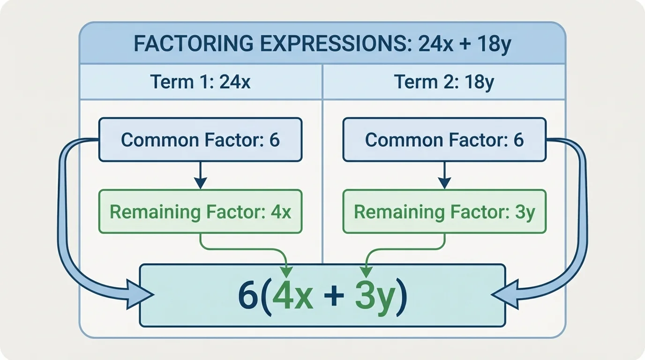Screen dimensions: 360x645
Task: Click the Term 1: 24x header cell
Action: [201, 82]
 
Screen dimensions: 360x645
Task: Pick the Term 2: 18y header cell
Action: [444, 82]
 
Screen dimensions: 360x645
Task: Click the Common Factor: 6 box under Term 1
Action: [201, 140]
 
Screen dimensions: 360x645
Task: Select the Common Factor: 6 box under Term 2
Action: [444, 140]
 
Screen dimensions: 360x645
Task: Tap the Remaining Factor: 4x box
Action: [201, 211]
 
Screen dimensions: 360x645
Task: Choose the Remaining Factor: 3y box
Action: [444, 211]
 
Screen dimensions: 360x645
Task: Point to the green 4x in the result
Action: [292, 297]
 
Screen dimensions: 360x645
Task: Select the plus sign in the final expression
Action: [333, 297]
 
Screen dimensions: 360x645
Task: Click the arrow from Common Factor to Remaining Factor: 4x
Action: [201, 175]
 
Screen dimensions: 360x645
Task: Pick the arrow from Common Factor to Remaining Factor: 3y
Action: [444, 175]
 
